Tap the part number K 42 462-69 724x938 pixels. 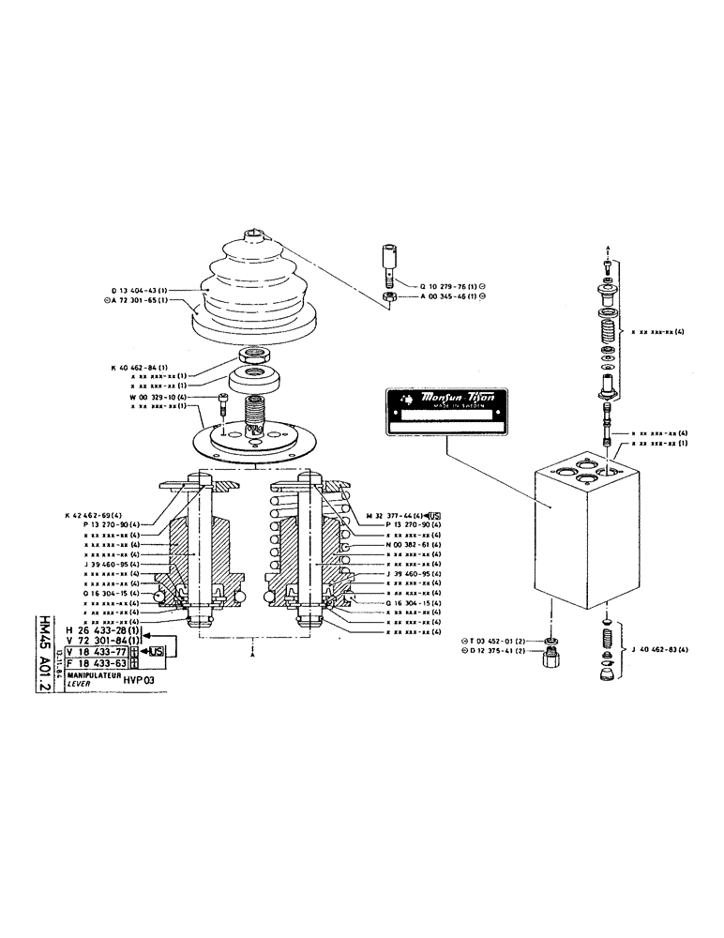pos(98,516)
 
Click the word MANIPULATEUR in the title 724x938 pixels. pos(91,673)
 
